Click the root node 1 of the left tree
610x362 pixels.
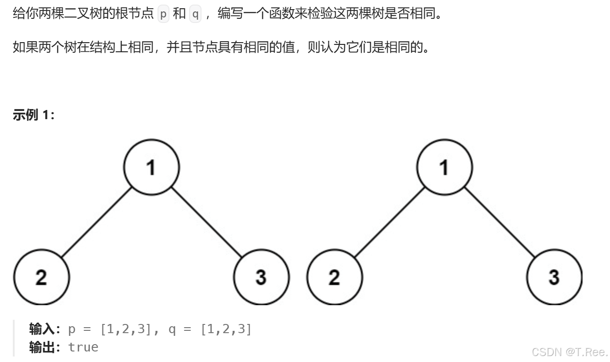[x=151, y=167]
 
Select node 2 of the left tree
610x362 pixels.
[x=41, y=277]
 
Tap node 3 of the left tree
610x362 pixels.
[x=261, y=277]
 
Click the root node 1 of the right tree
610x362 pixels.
[x=444, y=167]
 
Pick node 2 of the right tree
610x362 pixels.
[x=334, y=277]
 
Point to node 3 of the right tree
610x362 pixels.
[x=554, y=277]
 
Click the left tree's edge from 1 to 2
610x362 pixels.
[x=96, y=222]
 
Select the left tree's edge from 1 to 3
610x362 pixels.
[x=206, y=222]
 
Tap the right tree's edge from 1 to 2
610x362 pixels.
[x=389, y=222]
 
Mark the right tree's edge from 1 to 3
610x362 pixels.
[x=499, y=222]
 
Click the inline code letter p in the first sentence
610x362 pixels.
[x=163, y=14]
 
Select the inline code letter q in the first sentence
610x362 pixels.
[x=195, y=14]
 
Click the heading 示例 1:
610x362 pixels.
[x=34, y=115]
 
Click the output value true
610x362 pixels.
[x=83, y=347]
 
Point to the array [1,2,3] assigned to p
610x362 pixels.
[x=125, y=329]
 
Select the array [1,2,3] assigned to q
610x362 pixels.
[x=226, y=329]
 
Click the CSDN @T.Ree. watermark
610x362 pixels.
[x=570, y=352]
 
